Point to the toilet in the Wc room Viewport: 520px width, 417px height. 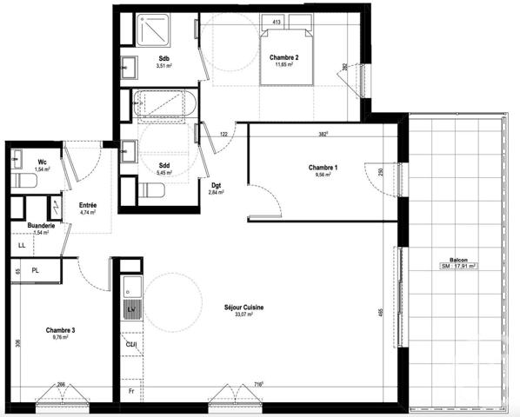click(x=23, y=181)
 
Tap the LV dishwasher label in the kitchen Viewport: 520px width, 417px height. click(x=131, y=308)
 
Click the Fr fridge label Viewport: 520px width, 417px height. click(x=130, y=392)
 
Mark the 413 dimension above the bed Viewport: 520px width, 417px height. click(x=277, y=21)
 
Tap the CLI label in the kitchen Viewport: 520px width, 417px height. click(x=131, y=344)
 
